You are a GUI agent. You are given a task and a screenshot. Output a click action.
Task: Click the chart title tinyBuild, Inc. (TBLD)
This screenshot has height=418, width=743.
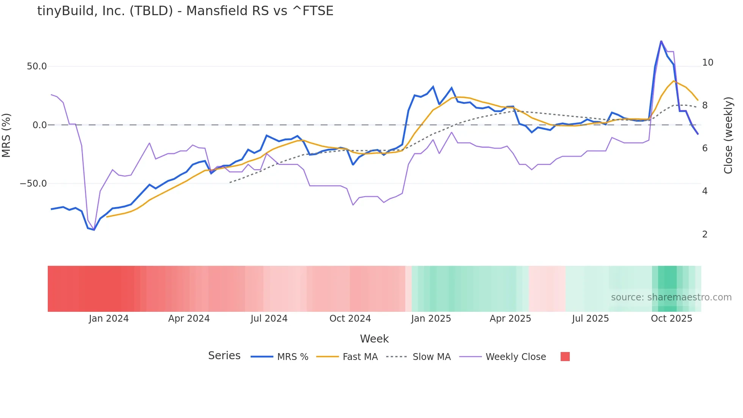[185, 11]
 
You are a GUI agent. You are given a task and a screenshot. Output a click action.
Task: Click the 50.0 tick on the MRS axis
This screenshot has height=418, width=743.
[37, 66]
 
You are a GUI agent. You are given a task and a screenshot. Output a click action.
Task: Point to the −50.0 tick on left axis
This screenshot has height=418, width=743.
[33, 184]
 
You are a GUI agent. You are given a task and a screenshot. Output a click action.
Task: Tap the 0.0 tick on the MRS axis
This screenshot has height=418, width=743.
[39, 125]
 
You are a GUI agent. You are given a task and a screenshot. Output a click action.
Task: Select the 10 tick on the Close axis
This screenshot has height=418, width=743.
[707, 63]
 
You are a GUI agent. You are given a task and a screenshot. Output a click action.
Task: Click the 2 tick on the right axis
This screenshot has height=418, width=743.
[705, 234]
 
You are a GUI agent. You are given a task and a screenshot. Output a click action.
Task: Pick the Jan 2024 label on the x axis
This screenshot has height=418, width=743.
[108, 319]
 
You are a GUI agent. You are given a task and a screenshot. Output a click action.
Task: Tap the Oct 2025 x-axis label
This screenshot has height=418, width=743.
[671, 319]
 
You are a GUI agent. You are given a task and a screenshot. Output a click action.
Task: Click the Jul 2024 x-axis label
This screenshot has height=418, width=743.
[269, 319]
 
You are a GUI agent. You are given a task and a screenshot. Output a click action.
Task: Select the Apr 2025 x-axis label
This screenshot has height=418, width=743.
[510, 319]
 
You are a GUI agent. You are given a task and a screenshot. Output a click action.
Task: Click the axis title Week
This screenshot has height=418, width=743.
[374, 339]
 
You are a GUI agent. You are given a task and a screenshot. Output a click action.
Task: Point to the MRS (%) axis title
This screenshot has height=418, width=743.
[6, 135]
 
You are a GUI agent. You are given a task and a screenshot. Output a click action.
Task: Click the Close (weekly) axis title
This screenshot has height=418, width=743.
[728, 135]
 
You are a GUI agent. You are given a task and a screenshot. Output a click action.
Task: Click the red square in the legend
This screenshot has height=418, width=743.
[565, 357]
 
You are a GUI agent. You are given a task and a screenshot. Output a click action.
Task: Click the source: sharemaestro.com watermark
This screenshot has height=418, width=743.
[671, 297]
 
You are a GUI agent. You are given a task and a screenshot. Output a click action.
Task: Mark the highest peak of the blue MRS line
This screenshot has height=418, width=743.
[661, 41]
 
